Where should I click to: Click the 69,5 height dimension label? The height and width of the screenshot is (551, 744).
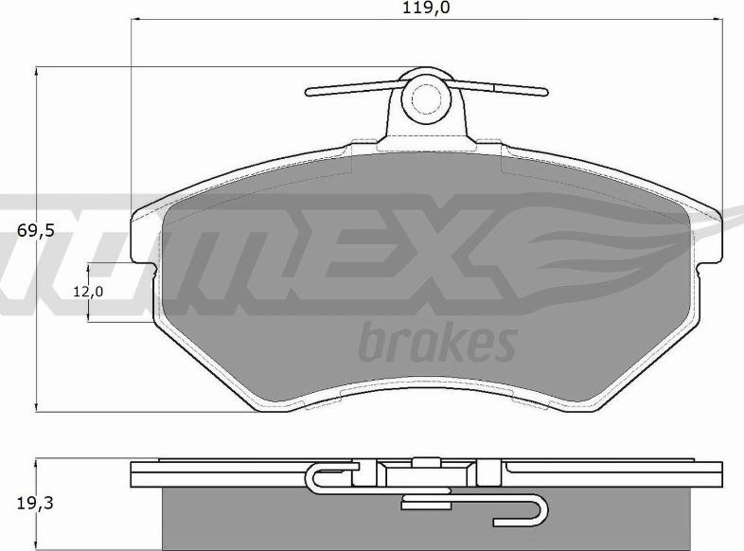tap(36, 231)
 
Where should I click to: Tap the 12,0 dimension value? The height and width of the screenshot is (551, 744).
tap(88, 292)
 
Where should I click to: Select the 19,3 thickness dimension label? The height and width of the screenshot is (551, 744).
tap(36, 503)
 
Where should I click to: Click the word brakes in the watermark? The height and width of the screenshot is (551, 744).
tap(437, 341)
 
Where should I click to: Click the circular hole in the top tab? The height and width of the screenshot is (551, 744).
tap(425, 98)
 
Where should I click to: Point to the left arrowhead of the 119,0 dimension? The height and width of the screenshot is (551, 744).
tap(135, 20)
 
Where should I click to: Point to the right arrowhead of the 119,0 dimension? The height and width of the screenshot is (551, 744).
tap(717, 20)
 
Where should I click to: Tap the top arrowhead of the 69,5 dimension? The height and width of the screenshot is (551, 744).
tap(36, 72)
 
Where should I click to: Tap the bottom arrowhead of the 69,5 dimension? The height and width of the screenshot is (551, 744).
tap(36, 407)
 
